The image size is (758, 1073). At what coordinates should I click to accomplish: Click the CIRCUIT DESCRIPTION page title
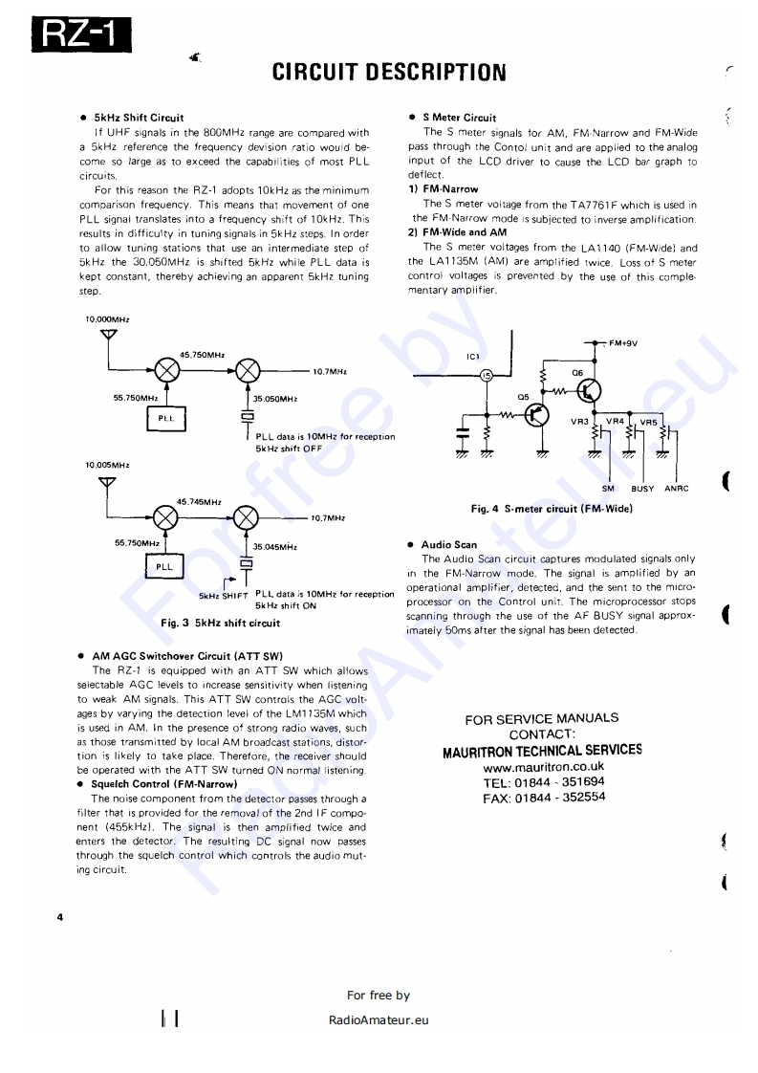[x=389, y=73]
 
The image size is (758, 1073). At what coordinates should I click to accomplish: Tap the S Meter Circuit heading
[x=459, y=118]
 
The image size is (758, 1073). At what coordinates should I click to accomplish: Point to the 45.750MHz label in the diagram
[x=202, y=354]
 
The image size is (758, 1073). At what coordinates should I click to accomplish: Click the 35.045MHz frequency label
[x=274, y=547]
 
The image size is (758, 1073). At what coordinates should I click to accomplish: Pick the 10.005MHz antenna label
[x=107, y=465]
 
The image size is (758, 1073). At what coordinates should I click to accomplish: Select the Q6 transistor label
[x=577, y=372]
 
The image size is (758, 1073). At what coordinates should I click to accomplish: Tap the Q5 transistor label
[x=522, y=396]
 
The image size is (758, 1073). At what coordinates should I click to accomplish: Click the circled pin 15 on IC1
[x=486, y=376]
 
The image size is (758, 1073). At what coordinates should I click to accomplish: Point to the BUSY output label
[x=642, y=489]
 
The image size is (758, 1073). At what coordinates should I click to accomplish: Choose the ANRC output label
[x=677, y=489]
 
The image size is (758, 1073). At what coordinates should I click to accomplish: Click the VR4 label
[x=616, y=420]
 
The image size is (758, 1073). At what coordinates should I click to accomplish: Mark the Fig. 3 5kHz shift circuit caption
[x=221, y=624]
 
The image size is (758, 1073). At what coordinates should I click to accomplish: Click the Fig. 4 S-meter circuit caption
[x=552, y=509]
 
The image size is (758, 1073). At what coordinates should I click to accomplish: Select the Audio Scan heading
[x=448, y=545]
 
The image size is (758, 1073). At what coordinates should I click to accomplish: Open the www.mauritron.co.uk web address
[x=543, y=767]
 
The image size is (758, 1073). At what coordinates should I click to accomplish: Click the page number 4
[x=59, y=918]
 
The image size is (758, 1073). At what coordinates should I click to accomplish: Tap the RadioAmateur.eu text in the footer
[x=379, y=1019]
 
